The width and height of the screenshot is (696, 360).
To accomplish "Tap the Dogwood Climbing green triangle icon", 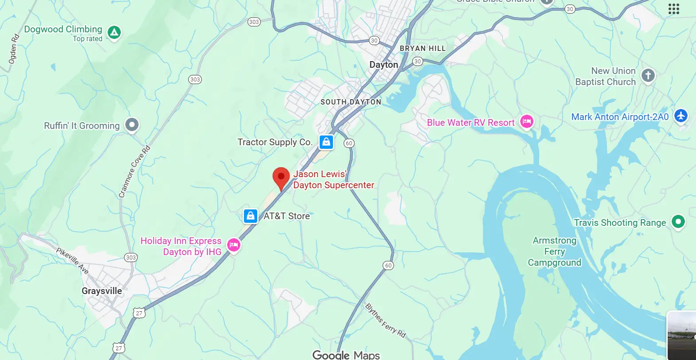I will pos(114,32).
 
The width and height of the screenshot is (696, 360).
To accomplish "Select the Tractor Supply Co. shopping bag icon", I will pos(326,142).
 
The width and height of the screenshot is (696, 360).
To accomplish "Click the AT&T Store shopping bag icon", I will pos(251,216).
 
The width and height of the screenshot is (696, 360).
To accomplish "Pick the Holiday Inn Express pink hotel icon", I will pos(234,244).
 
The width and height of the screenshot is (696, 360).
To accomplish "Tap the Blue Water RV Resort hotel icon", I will pos(526,121).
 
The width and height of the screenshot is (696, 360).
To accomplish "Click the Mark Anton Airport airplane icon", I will pos(681,116).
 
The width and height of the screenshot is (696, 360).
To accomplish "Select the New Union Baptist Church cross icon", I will pos(648,75).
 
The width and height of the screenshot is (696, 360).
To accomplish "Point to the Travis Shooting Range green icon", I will pos(678,221).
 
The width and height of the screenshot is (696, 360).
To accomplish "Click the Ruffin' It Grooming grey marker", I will pos(132,125).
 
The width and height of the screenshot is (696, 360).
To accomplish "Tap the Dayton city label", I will pos(383,65).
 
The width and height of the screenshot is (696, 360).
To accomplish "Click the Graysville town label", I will pos(101,291).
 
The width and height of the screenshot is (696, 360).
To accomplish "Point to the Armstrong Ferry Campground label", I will pos(554,252).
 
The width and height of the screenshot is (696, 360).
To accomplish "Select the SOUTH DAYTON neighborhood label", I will pos(351,102).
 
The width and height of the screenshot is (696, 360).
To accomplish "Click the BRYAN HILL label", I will pos(422,48).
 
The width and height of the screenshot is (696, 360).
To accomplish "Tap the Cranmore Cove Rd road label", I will pos(134,172).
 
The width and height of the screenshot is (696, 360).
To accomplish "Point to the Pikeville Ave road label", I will pos(72,261).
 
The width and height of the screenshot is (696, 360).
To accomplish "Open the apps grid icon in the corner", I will pos(673,9).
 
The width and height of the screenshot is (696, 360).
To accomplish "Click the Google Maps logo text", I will pos(346,355).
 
